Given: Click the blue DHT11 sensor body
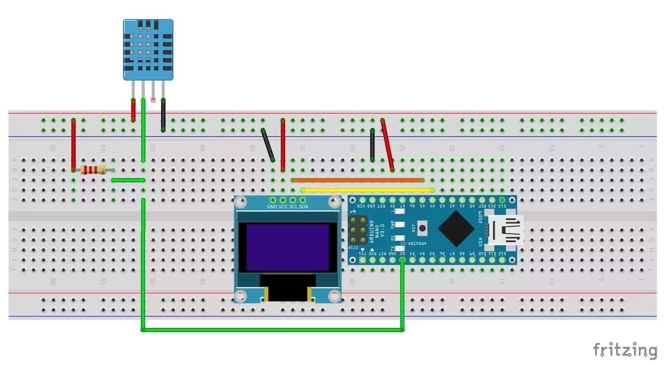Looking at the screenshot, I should point(148,49).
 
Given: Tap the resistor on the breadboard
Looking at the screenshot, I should point(93,170).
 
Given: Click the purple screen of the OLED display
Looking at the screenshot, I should point(288,248).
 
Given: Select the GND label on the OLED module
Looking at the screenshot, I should point(272,207).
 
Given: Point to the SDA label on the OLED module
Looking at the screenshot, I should point(303,207).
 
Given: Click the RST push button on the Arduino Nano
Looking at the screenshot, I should point(422,228).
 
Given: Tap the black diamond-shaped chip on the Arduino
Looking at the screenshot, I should point(456,228).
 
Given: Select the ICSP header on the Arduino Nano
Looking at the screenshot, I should point(357,230).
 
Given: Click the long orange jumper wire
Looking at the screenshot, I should point(357,180).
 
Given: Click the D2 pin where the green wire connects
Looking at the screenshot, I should point(402,260).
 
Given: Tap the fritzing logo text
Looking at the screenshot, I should point(625,350).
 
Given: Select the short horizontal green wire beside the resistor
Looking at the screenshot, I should point(128,180).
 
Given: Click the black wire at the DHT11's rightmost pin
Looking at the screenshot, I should point(163,116).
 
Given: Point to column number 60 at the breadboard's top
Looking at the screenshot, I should point(53,148).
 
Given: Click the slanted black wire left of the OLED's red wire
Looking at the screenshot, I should point(268,145).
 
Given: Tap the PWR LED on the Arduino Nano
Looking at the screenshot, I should point(399,224).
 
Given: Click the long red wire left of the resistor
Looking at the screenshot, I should point(74,145).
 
